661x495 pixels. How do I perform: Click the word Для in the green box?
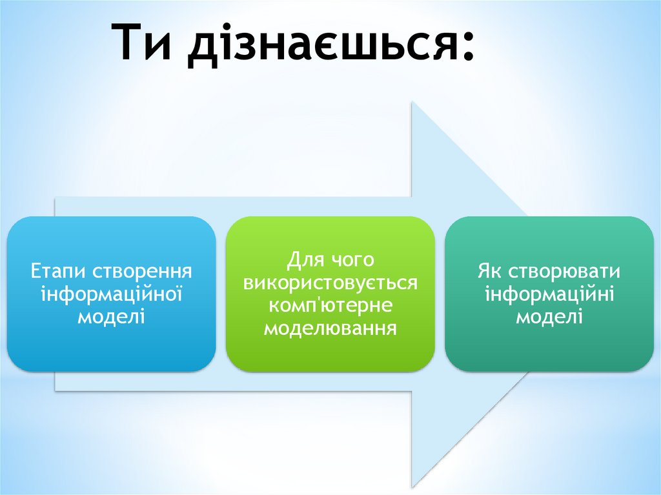coord(304,261)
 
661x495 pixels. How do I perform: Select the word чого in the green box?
coord(352,261)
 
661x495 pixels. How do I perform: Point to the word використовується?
coord(330,283)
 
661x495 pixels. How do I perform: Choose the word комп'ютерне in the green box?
coord(330,305)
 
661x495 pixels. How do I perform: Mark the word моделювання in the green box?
coord(330,328)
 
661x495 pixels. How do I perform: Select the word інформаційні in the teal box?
coord(549,294)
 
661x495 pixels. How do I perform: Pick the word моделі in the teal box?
coord(549,316)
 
